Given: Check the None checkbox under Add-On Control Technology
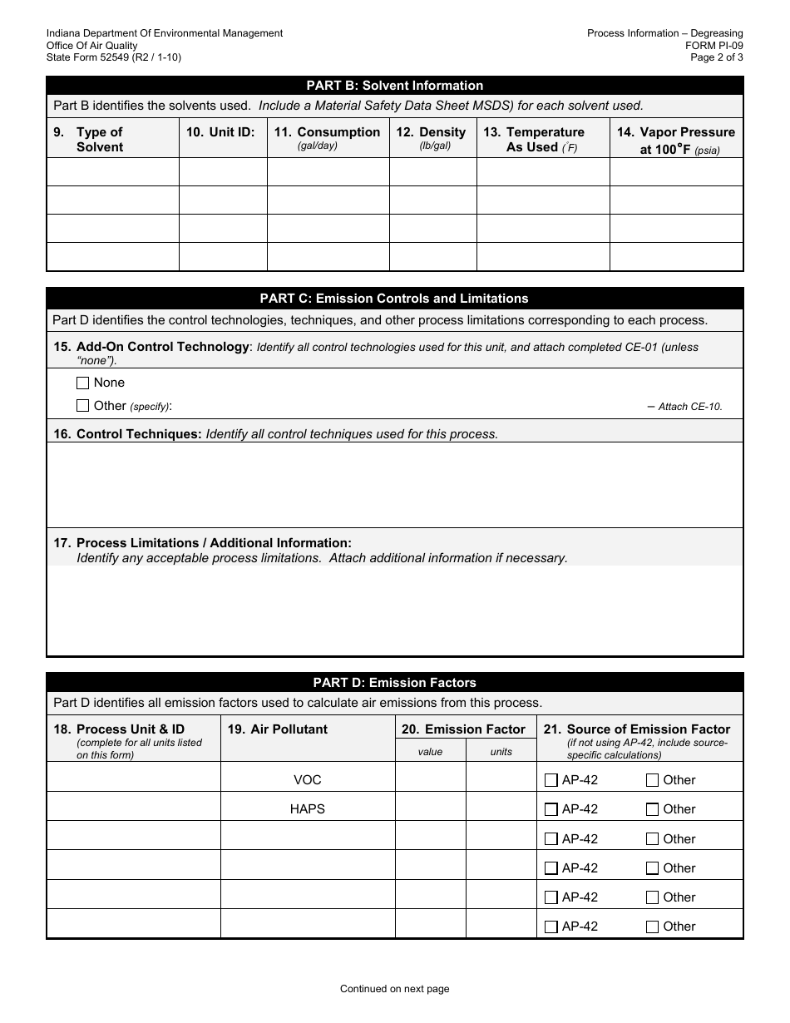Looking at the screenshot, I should point(82,383).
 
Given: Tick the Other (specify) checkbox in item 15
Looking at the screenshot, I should point(82,406).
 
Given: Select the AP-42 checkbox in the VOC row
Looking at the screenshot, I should point(551,780).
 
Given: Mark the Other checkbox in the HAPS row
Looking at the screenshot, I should point(652,809).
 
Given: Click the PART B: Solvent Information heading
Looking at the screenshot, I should point(394,86).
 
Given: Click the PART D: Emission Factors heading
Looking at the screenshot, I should point(394,683).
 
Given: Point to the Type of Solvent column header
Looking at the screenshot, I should point(99,140).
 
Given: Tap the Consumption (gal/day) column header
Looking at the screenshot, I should point(327,138).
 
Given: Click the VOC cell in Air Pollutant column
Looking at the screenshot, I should point(307,780).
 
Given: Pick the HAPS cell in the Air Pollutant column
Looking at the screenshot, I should point(307,809).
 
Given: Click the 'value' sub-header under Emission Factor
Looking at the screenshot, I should point(430,752).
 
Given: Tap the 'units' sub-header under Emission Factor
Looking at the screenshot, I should point(501,752).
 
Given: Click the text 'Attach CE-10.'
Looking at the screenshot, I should point(689,407).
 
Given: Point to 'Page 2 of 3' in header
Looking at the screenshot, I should point(717,58).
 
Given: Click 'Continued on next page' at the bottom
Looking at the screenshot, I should point(394,989).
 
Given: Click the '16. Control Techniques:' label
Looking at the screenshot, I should point(139,434).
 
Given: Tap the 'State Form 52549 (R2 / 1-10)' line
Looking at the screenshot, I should point(114,58).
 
